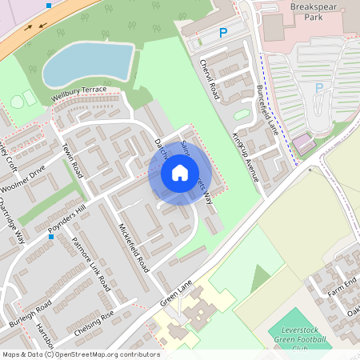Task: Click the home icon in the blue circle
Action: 180,172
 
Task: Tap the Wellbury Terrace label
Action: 78,93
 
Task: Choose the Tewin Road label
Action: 72,160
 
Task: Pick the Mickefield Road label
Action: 134,247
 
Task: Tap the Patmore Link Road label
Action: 90,263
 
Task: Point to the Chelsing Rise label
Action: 95,323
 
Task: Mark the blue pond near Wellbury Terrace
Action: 87,63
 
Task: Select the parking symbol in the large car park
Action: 319,88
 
